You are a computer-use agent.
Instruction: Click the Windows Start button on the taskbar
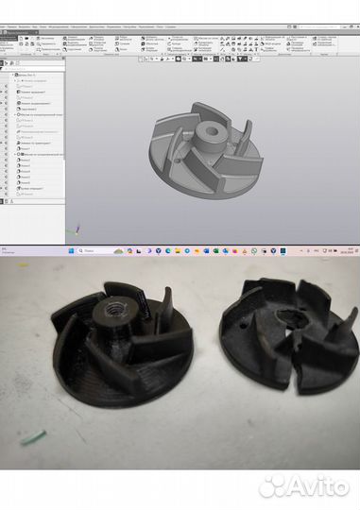pyautogui.click(x=68, y=251)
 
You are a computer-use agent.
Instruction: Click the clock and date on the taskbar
pyautogui.click(x=342, y=251)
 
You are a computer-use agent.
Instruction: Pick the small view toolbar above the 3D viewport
pyautogui.click(x=198, y=59)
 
